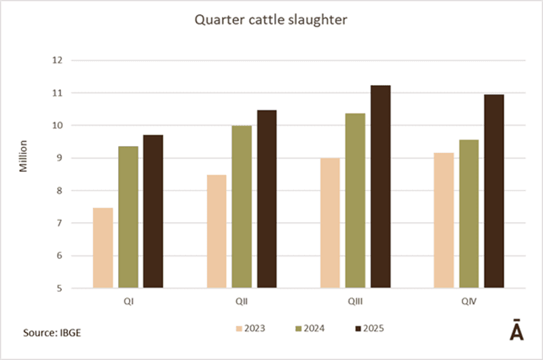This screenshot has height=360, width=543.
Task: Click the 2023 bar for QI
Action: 103,248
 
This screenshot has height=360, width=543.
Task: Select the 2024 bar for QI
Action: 128,217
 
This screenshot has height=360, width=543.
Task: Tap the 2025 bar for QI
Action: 153,211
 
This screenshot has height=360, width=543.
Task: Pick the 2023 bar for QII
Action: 217,232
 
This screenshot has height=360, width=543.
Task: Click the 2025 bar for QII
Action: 267,199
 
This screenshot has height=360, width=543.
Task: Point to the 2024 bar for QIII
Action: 355,200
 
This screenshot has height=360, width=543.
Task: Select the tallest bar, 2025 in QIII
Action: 380,187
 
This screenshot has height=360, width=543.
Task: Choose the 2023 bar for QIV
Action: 443,221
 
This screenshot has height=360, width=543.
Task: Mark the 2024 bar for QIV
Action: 468,214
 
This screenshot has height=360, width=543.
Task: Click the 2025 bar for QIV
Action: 493,192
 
